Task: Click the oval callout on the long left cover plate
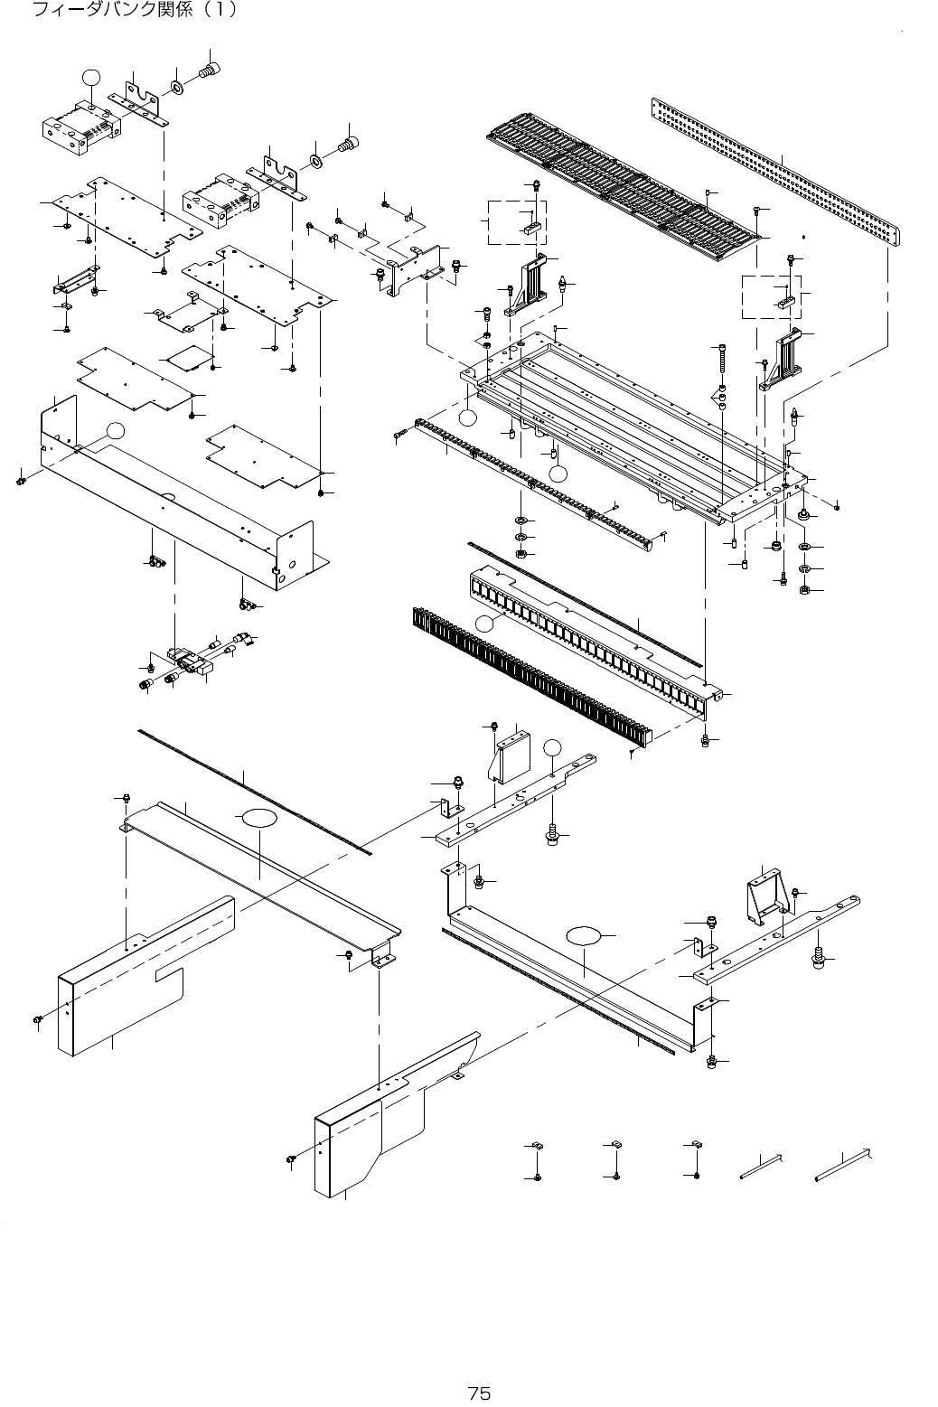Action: tap(257, 819)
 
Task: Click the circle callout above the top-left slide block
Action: tap(89, 78)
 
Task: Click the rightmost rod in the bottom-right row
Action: tap(843, 1165)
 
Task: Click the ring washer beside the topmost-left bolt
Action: tap(177, 89)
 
